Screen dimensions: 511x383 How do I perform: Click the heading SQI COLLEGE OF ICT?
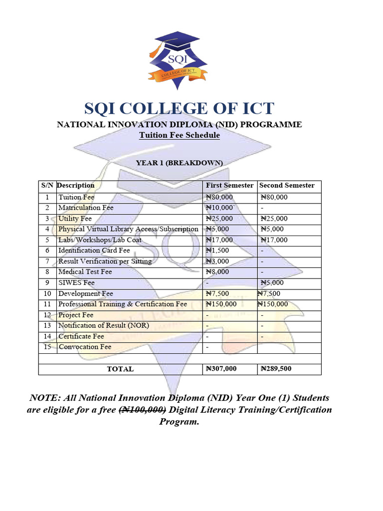(x=179, y=108)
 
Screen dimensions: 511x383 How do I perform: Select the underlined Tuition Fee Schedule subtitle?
(x=179, y=135)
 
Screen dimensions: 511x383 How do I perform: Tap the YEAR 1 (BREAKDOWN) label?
(x=179, y=163)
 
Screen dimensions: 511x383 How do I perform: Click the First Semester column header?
(x=229, y=186)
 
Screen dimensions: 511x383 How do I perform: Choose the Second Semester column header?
(x=287, y=186)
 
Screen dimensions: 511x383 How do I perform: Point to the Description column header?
(x=76, y=186)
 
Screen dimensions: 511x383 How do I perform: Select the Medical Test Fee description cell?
(x=85, y=272)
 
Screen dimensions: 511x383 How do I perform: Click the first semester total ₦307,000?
(x=221, y=369)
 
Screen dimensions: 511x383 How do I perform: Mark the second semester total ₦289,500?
(x=275, y=369)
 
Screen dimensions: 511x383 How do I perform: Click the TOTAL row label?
(x=120, y=369)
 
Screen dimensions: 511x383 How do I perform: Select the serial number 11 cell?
(x=47, y=304)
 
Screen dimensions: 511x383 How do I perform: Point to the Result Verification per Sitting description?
(x=105, y=261)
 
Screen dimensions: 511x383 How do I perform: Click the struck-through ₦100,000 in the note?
(x=142, y=410)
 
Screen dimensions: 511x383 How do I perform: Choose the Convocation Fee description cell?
(x=85, y=347)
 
